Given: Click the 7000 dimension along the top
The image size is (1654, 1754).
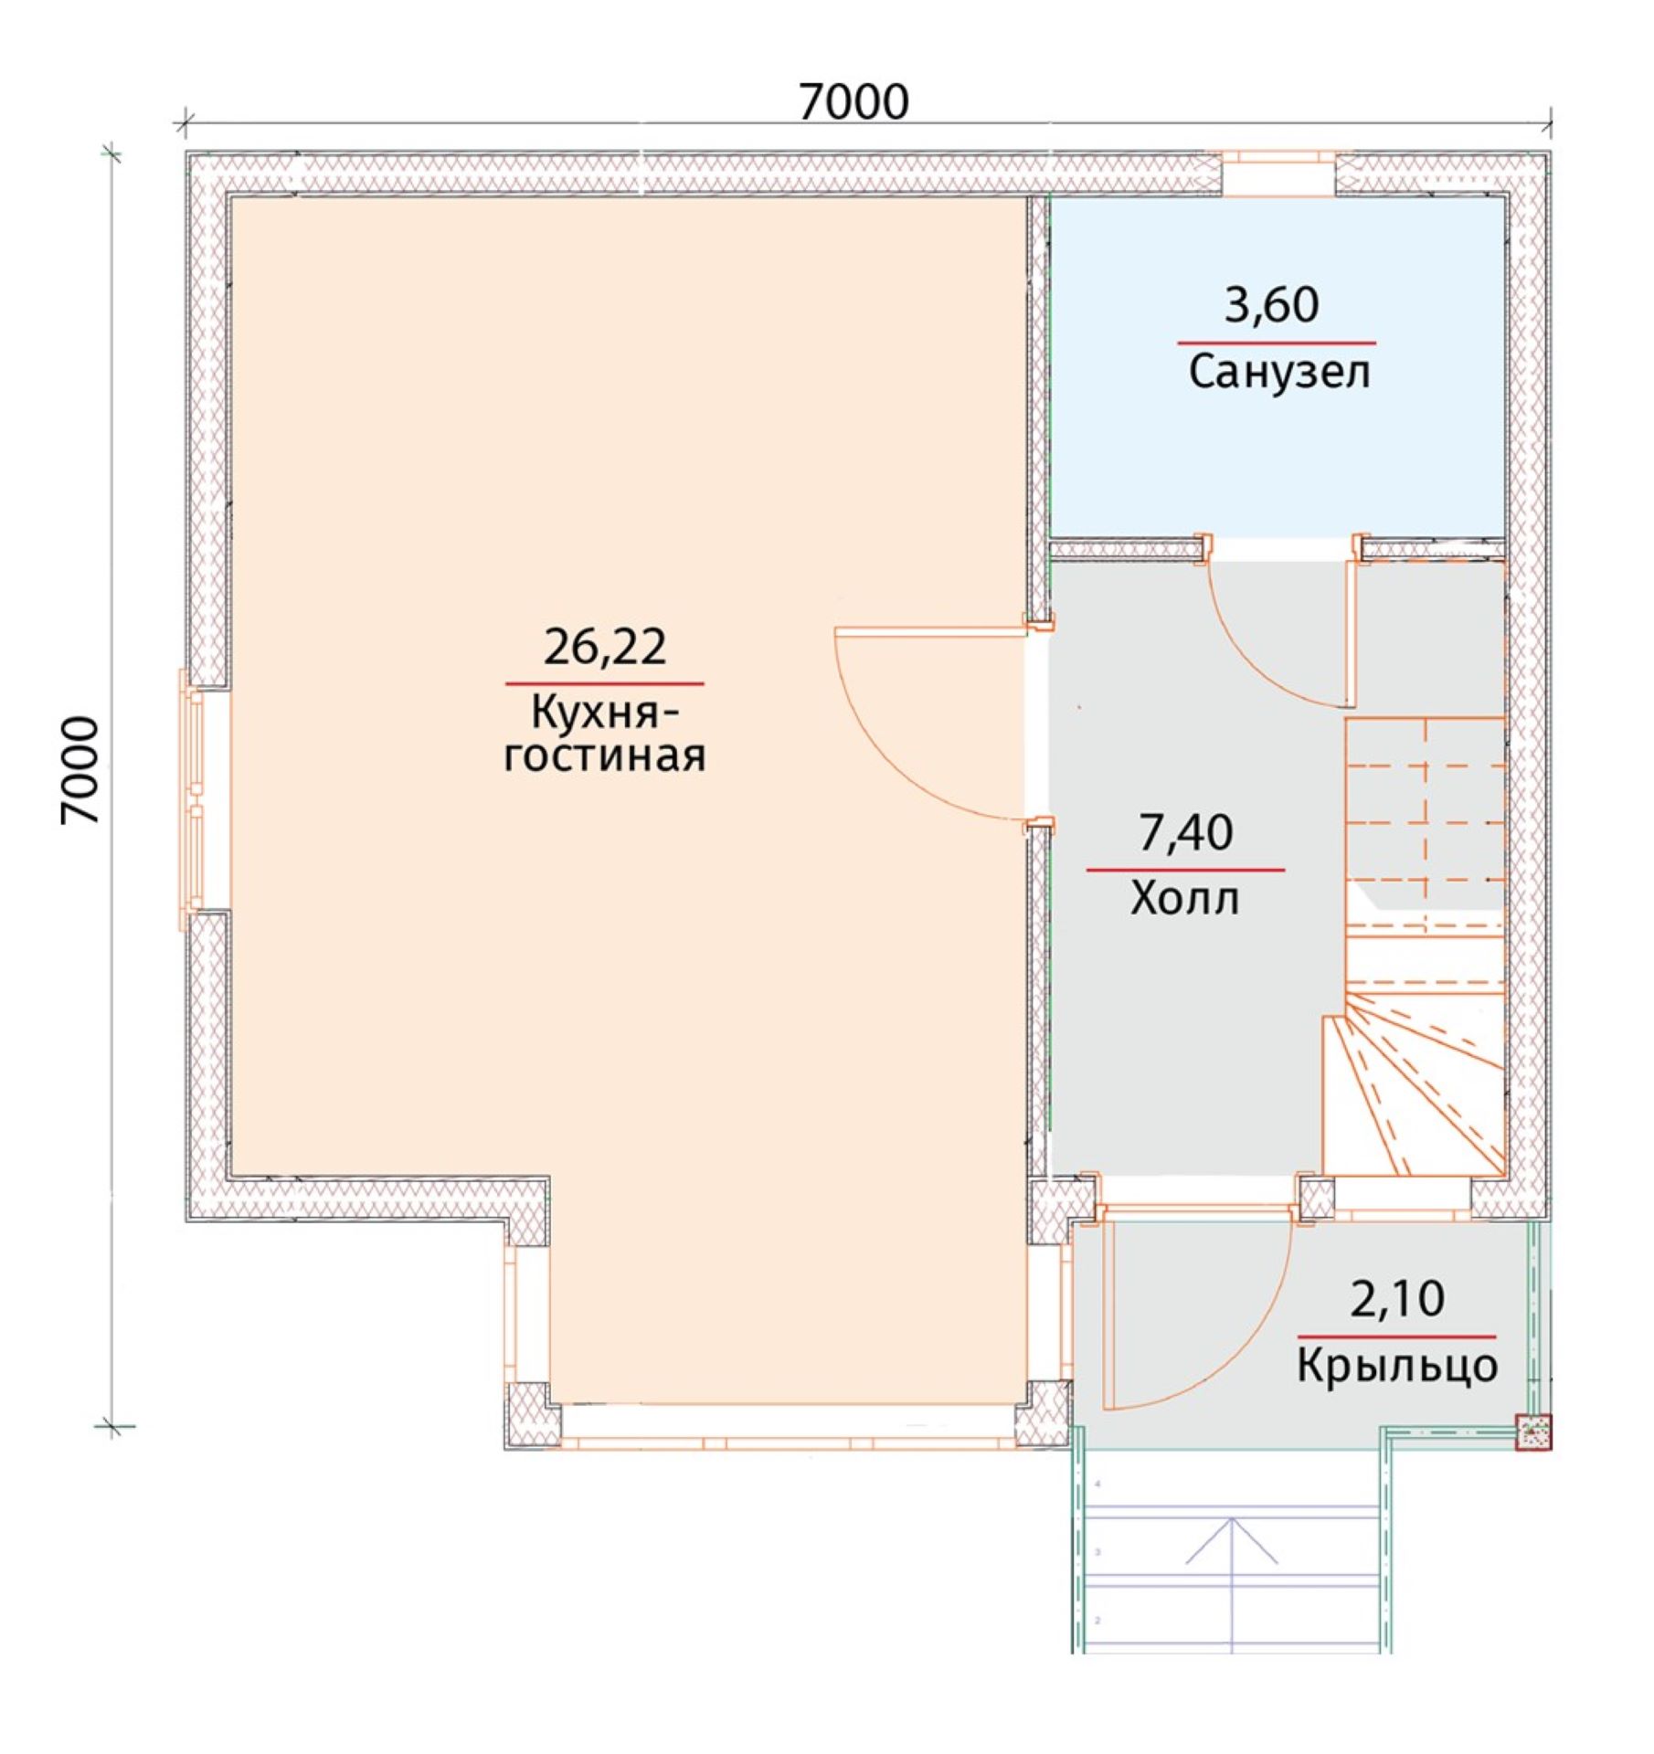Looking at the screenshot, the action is [x=854, y=101].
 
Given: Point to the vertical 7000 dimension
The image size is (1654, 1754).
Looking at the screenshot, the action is [x=80, y=771].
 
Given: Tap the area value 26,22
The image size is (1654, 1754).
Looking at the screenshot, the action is [x=605, y=647].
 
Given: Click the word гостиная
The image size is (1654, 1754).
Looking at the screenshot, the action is [x=605, y=757].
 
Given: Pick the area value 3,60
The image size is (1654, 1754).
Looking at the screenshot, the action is [x=1272, y=305].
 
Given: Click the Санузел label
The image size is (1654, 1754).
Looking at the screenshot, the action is [x=1279, y=373].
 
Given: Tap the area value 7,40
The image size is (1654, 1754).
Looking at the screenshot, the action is [x=1185, y=832].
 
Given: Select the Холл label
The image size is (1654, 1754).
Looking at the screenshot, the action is [x=1185, y=898].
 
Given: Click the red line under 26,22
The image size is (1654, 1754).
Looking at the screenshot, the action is [x=605, y=683].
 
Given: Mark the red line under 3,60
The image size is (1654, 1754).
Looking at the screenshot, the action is [x=1277, y=343].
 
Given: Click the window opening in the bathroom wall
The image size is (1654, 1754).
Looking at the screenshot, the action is [x=1279, y=174].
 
